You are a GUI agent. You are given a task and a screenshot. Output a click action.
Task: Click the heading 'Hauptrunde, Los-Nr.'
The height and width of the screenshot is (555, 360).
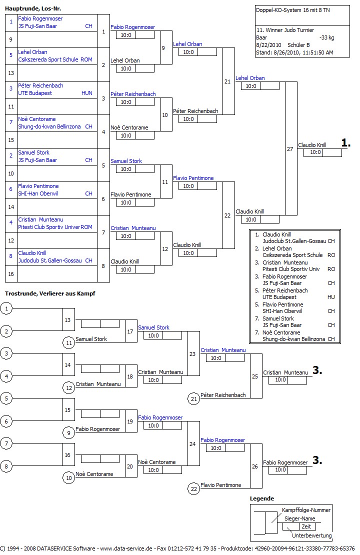(x=33, y=8)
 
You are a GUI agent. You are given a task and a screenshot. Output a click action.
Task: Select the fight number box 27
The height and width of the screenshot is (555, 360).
(x=290, y=149)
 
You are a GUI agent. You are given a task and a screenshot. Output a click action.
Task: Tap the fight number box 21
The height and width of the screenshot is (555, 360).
(x=227, y=81)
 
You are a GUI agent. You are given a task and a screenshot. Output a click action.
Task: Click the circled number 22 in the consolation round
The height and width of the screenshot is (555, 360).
(x=193, y=488)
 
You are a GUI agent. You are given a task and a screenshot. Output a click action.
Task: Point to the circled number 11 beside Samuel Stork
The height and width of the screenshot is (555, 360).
(x=68, y=342)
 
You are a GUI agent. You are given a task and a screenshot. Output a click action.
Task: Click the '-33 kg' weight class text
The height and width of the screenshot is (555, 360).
(x=326, y=37)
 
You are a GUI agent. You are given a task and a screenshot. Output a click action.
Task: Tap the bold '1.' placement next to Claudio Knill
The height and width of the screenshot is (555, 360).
(x=346, y=143)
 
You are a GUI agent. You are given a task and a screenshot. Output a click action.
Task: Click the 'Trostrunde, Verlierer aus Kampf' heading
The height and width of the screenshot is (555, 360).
(x=50, y=293)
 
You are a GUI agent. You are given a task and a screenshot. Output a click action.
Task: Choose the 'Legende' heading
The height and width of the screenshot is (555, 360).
(x=262, y=498)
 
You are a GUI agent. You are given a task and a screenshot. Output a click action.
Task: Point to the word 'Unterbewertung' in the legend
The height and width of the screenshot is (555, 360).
(x=311, y=535)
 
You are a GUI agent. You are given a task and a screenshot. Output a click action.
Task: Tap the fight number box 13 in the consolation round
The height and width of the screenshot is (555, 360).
(x=68, y=319)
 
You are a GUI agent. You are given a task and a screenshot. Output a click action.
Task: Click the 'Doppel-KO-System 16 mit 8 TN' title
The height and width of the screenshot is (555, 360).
(x=289, y=10)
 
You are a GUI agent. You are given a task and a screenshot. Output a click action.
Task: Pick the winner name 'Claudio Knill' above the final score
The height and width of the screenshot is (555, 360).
(x=312, y=145)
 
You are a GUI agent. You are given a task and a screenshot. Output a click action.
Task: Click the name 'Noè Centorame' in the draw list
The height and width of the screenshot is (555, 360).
(x=37, y=119)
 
